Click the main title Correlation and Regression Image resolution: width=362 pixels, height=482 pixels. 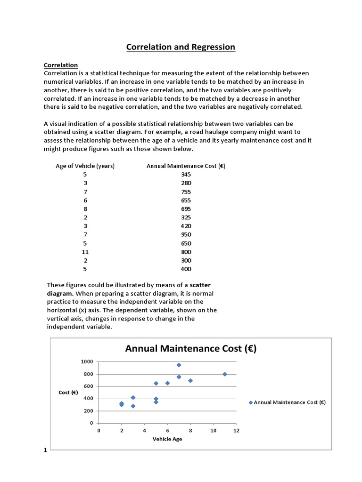(181, 47)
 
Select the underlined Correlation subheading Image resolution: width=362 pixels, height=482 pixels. (61, 65)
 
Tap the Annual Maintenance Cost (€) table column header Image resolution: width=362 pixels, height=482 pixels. (186, 166)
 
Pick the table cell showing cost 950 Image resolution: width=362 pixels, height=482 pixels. (186, 234)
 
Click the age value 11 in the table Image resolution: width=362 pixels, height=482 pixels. (85, 252)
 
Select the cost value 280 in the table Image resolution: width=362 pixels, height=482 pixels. (186, 183)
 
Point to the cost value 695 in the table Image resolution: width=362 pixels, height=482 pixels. (186, 209)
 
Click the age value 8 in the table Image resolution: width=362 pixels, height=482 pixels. (85, 209)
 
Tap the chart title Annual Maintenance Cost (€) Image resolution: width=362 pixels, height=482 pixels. (190, 349)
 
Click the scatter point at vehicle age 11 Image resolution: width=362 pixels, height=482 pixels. (225, 374)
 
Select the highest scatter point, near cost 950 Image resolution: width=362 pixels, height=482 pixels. (179, 365)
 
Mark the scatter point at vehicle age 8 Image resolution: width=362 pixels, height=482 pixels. (190, 380)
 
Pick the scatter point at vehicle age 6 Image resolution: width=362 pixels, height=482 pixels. (167, 383)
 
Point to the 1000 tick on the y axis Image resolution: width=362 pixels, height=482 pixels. (87, 361)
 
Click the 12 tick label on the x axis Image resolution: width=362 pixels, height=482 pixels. (236, 431)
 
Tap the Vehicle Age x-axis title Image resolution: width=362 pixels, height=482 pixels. (167, 439)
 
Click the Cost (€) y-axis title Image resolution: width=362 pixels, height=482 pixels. (68, 392)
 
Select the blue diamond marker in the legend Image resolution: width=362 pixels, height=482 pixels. (250, 402)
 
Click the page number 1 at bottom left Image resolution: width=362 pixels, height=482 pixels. (46, 450)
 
